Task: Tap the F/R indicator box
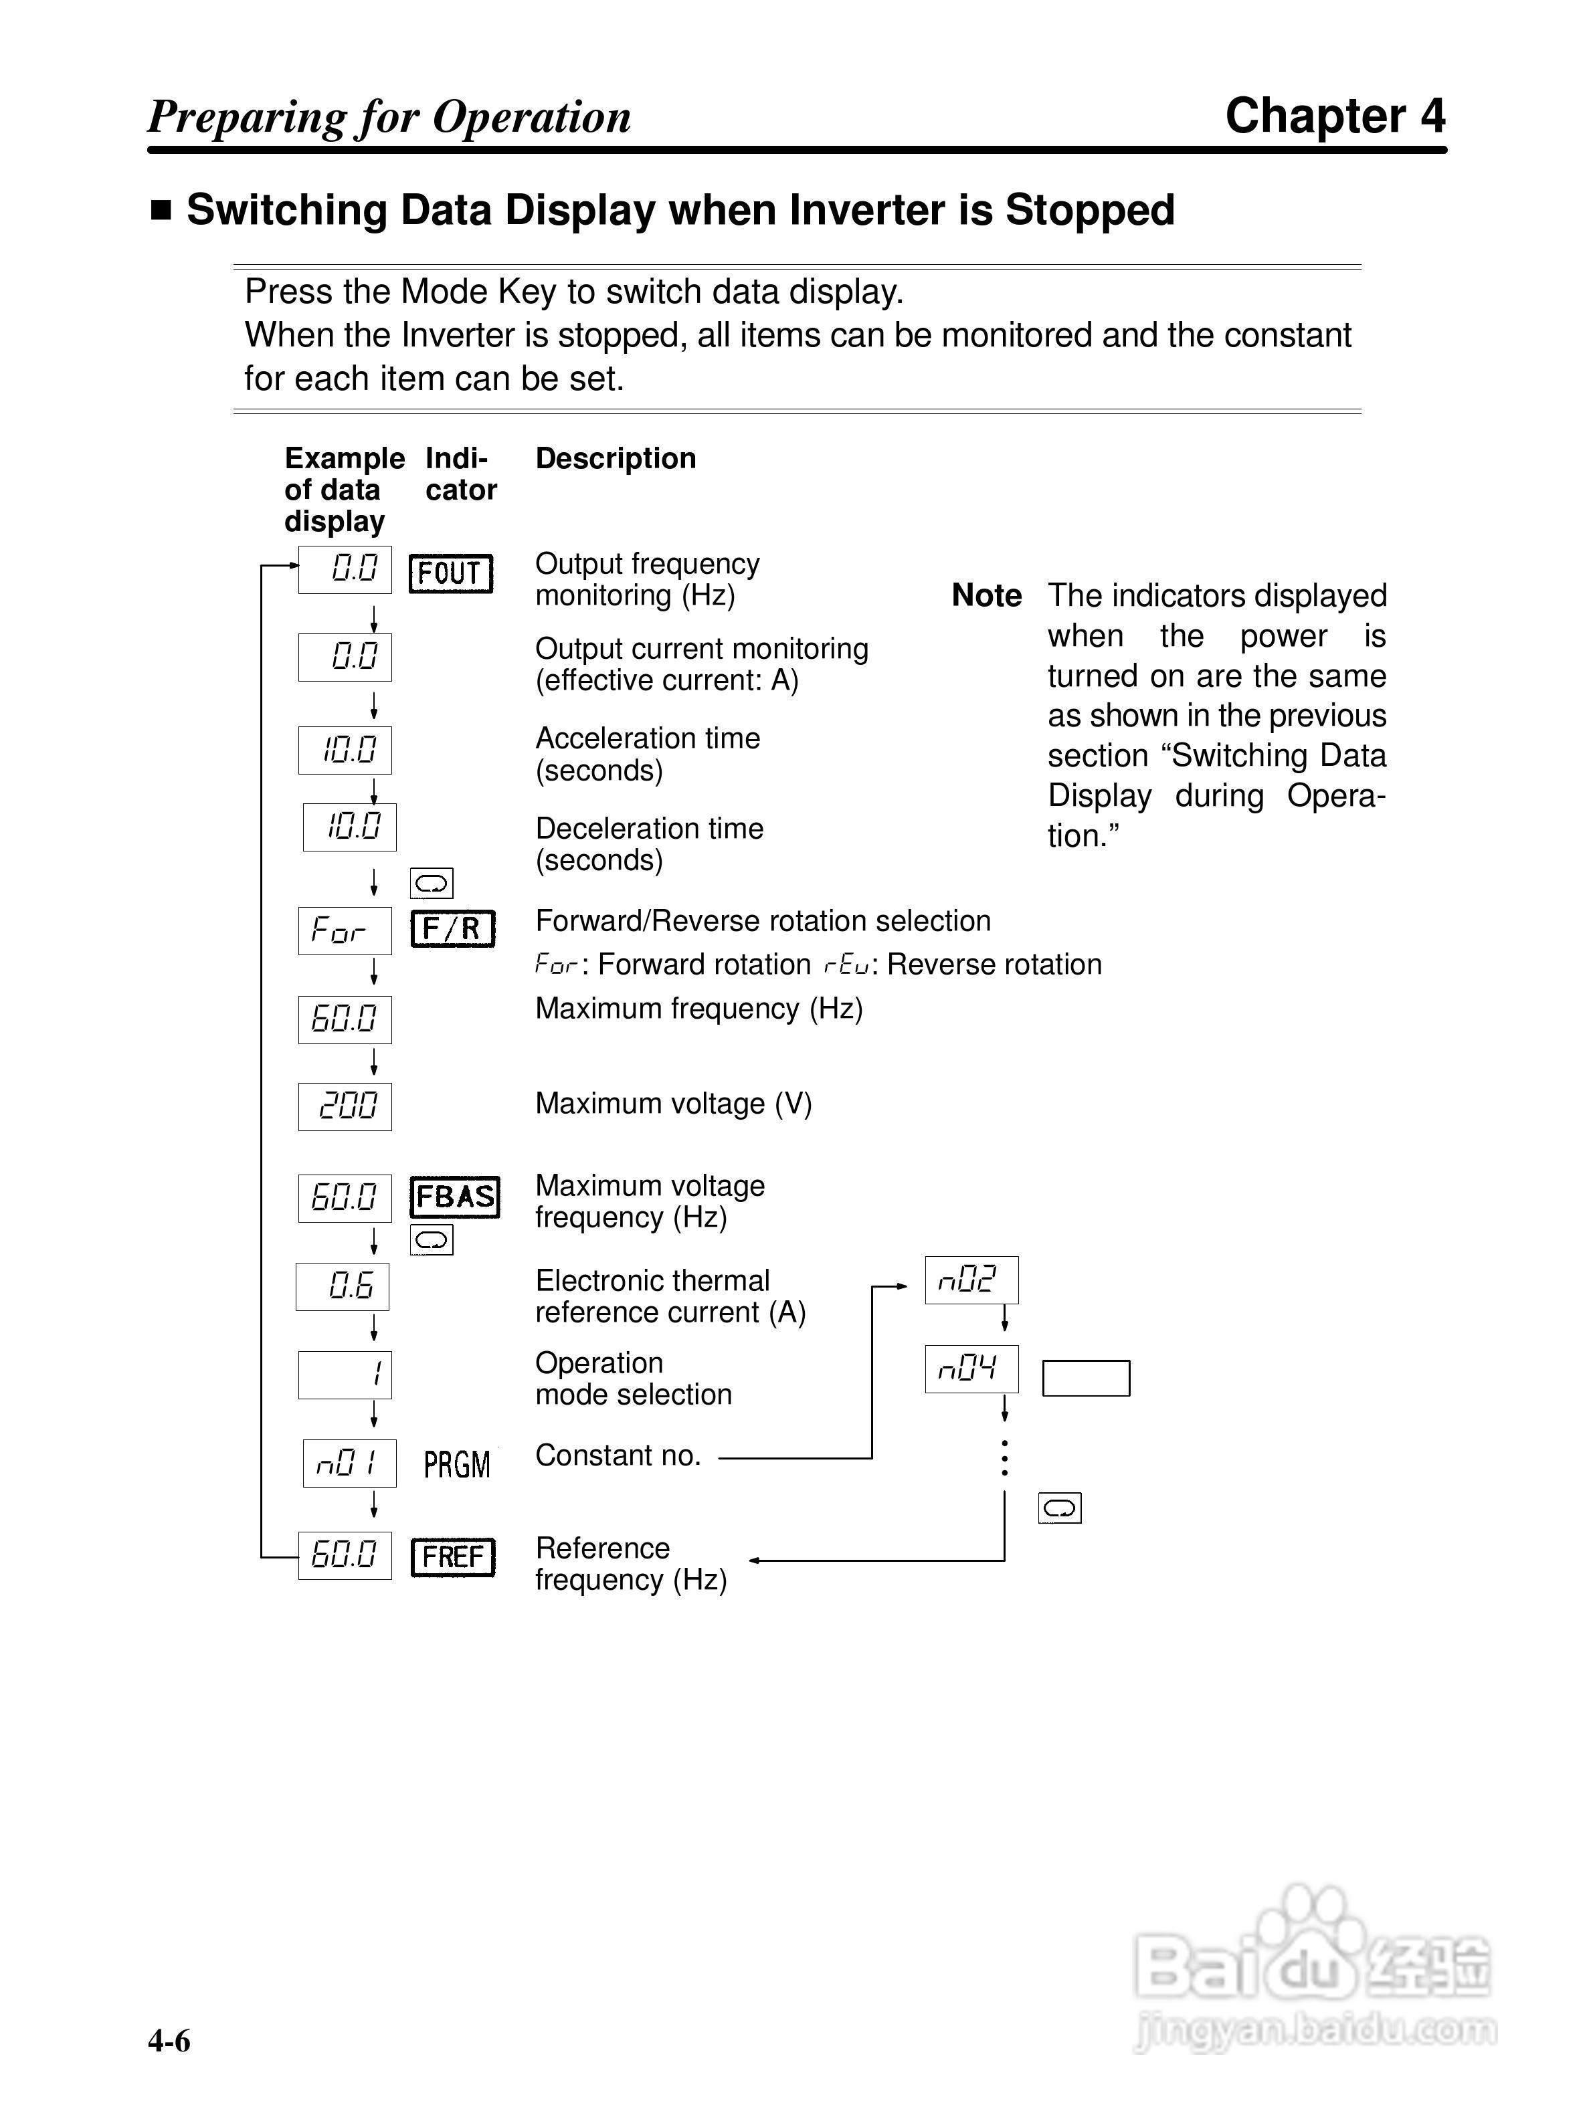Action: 452,928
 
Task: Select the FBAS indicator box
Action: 455,1197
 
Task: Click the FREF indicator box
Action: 452,1556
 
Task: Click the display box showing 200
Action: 345,1106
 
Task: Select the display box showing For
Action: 345,930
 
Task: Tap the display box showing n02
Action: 971,1280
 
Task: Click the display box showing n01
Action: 349,1464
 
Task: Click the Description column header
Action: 615,458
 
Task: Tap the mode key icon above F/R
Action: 431,882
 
